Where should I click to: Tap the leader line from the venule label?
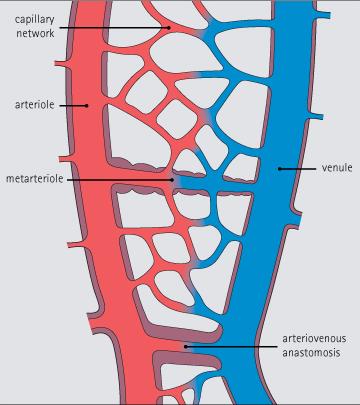pyautogui.click(x=300, y=168)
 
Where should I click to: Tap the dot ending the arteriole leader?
pyautogui.click(x=87, y=104)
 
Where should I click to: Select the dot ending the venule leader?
pyautogui.click(x=280, y=168)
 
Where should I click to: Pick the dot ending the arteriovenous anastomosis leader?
pyautogui.click(x=186, y=346)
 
